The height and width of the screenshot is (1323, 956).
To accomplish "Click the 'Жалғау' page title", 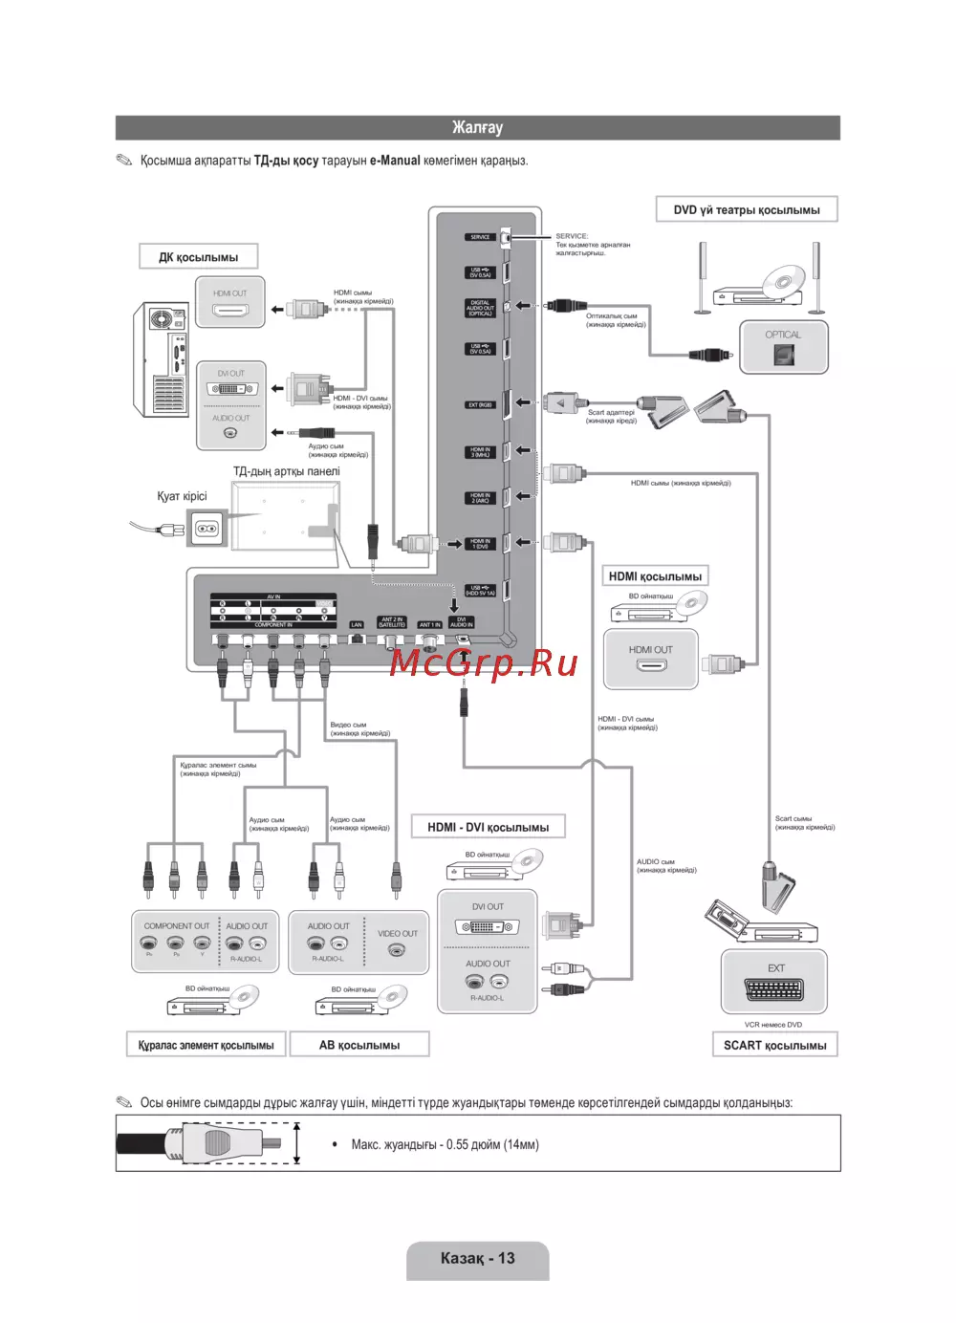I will coord(477,127).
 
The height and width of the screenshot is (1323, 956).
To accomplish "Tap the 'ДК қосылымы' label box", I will coord(199,257).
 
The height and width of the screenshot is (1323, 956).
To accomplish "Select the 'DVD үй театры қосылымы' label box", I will coord(746,209).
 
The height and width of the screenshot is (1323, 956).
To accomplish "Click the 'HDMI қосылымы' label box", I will coord(655,576).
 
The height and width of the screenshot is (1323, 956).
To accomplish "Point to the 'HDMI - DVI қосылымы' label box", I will coord(488,827).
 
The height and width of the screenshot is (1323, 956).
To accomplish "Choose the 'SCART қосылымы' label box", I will coord(774,1045).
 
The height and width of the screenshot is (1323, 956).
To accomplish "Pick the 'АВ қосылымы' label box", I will coord(359,1045).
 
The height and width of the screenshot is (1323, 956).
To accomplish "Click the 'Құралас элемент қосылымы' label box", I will coord(206,1045).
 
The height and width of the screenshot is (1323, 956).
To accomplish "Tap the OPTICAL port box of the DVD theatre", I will coord(783,347).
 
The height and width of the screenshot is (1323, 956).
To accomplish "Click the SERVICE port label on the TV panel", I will coord(480,237).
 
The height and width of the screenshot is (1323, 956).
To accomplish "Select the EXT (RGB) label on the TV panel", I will coord(480,404).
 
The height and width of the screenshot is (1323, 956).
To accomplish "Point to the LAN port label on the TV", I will coord(357,625).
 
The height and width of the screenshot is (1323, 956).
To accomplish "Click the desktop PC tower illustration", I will coord(161,359).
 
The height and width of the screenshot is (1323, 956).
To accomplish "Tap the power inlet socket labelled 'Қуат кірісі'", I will coord(207,529).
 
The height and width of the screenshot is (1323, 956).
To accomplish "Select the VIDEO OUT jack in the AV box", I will coord(397,949).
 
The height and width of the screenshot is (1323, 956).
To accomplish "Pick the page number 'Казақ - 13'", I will coord(477,1259).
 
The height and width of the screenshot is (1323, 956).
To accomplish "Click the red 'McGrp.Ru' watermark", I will coord(484,661).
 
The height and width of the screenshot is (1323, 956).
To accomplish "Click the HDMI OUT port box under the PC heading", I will coord(230,303).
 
